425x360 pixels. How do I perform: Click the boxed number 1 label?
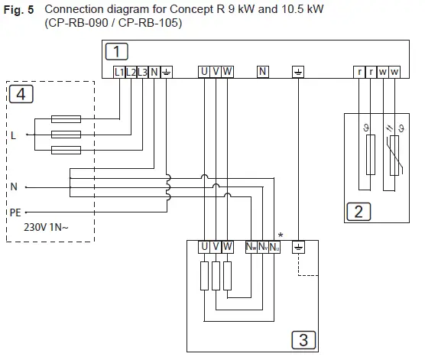click(x=115, y=52)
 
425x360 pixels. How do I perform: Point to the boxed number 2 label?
click(x=357, y=211)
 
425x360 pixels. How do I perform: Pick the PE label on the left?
click(x=15, y=213)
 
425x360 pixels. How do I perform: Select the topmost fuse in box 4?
click(x=66, y=120)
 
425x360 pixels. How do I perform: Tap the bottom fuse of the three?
click(x=66, y=148)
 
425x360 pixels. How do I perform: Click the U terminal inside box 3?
click(x=204, y=248)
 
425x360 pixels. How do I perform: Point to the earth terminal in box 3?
click(x=297, y=248)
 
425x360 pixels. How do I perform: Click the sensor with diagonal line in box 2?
click(x=394, y=157)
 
